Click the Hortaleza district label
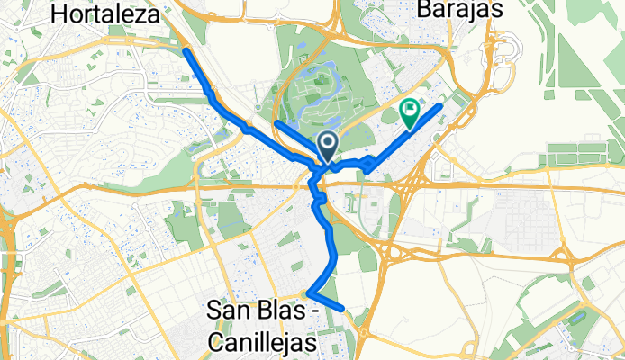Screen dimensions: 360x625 tap(106, 14)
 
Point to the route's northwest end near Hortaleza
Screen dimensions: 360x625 tap(186, 51)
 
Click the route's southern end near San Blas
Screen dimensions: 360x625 tap(342, 309)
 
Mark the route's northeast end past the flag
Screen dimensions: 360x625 tap(440, 107)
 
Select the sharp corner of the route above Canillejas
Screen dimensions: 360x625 tap(309, 292)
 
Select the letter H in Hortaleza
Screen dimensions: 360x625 tap(60, 14)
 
